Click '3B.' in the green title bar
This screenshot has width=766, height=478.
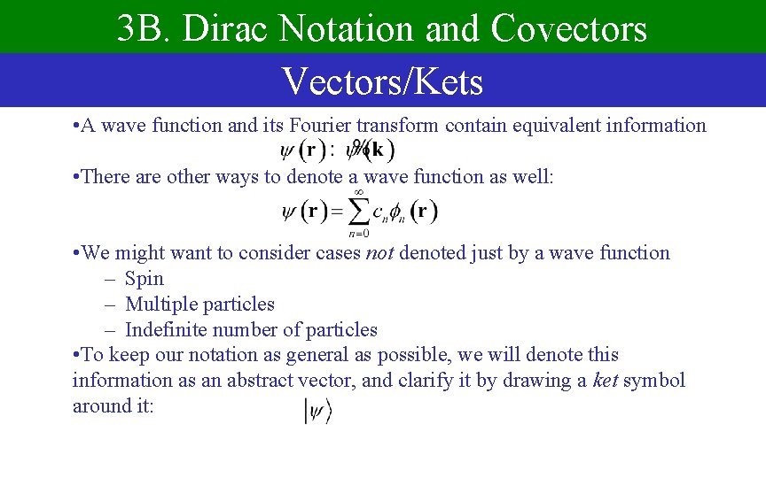click(x=142, y=28)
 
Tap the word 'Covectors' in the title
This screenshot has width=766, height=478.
click(x=569, y=28)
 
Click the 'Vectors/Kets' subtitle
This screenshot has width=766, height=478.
click(x=382, y=81)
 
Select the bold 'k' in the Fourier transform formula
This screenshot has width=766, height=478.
click(x=379, y=150)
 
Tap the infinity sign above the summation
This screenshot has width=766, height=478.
click(x=359, y=191)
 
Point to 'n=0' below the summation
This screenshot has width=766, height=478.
click(x=358, y=234)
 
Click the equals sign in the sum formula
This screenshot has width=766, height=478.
click(x=337, y=212)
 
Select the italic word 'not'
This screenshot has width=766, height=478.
click(x=379, y=253)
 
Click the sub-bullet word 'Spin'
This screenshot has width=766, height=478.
click(x=145, y=279)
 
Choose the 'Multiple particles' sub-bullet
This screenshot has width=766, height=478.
click(x=199, y=305)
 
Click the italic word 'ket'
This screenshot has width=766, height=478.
click(x=606, y=381)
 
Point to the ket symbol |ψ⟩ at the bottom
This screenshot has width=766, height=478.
click(x=317, y=411)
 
